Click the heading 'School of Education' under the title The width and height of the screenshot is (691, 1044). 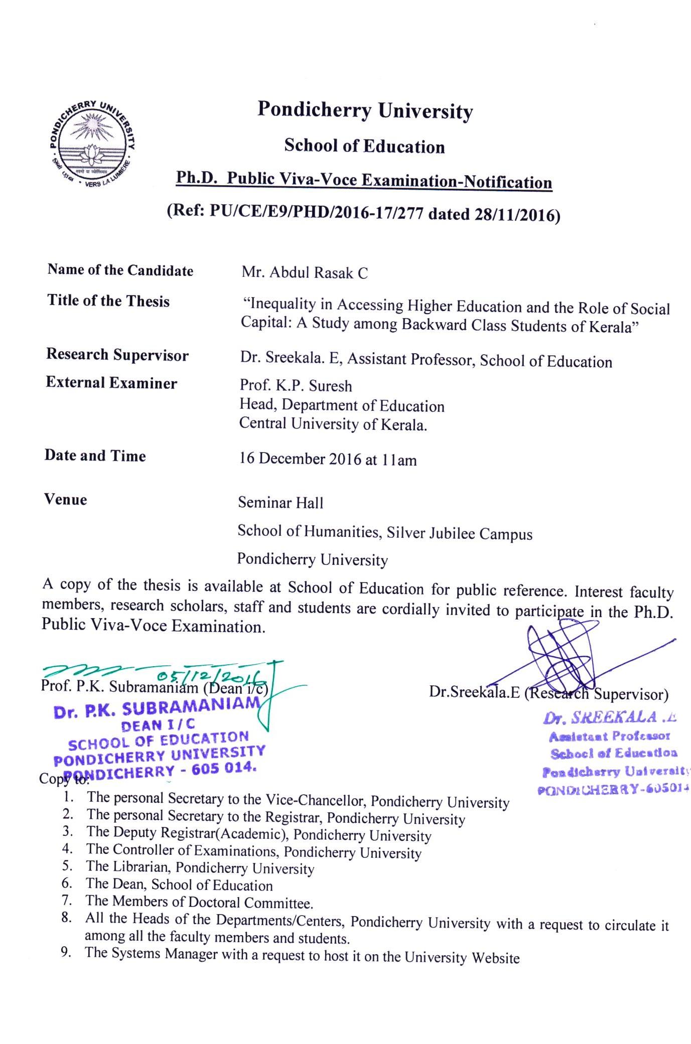364,146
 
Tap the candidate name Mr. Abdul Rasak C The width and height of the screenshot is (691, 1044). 305,272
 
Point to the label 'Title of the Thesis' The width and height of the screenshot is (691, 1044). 108,301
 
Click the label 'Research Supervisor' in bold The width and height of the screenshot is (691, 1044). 117,355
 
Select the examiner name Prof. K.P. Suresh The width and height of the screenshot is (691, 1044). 296,386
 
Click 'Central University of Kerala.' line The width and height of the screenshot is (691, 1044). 333,424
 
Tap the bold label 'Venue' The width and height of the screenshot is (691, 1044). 66,500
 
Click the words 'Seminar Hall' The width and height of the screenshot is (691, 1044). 281,503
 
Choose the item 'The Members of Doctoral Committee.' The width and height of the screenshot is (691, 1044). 199,903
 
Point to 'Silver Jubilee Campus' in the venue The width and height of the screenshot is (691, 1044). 459,533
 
